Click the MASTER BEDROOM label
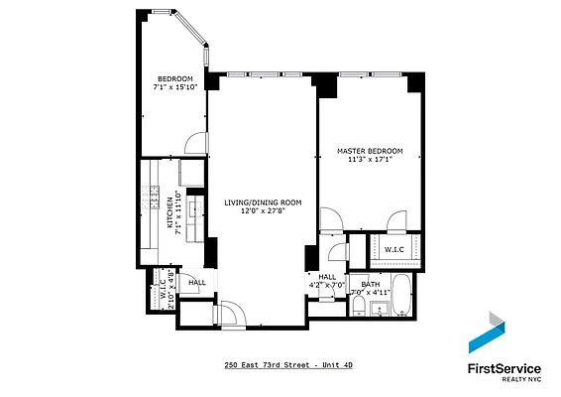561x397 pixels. click(370, 152)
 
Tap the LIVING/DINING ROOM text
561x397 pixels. click(262, 201)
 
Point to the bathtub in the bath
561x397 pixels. click(401, 299)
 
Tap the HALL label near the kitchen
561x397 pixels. click(196, 283)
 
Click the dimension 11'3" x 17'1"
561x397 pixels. click(371, 161)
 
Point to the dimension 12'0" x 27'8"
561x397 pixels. click(262, 210)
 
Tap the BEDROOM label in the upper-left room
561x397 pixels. click(174, 78)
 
